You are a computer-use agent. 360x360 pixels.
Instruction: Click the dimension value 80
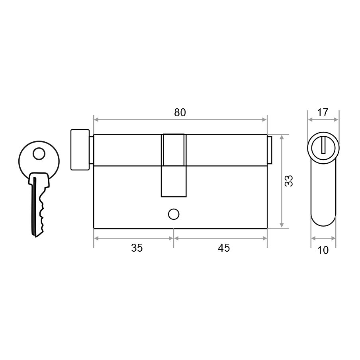coord(180,112)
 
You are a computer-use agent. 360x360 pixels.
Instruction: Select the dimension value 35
coord(137,248)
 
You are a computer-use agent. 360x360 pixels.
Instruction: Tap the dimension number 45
coord(224,248)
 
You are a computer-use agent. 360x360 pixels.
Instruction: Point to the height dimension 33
coord(289,181)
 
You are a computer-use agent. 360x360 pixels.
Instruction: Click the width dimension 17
coord(323,113)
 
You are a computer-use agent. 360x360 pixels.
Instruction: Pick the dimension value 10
coord(323,250)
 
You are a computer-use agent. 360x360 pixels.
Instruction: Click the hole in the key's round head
coord(39,154)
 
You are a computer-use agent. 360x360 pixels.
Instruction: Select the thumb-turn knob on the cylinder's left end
coord(80,150)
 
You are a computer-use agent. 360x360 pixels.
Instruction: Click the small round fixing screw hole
coord(174,214)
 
